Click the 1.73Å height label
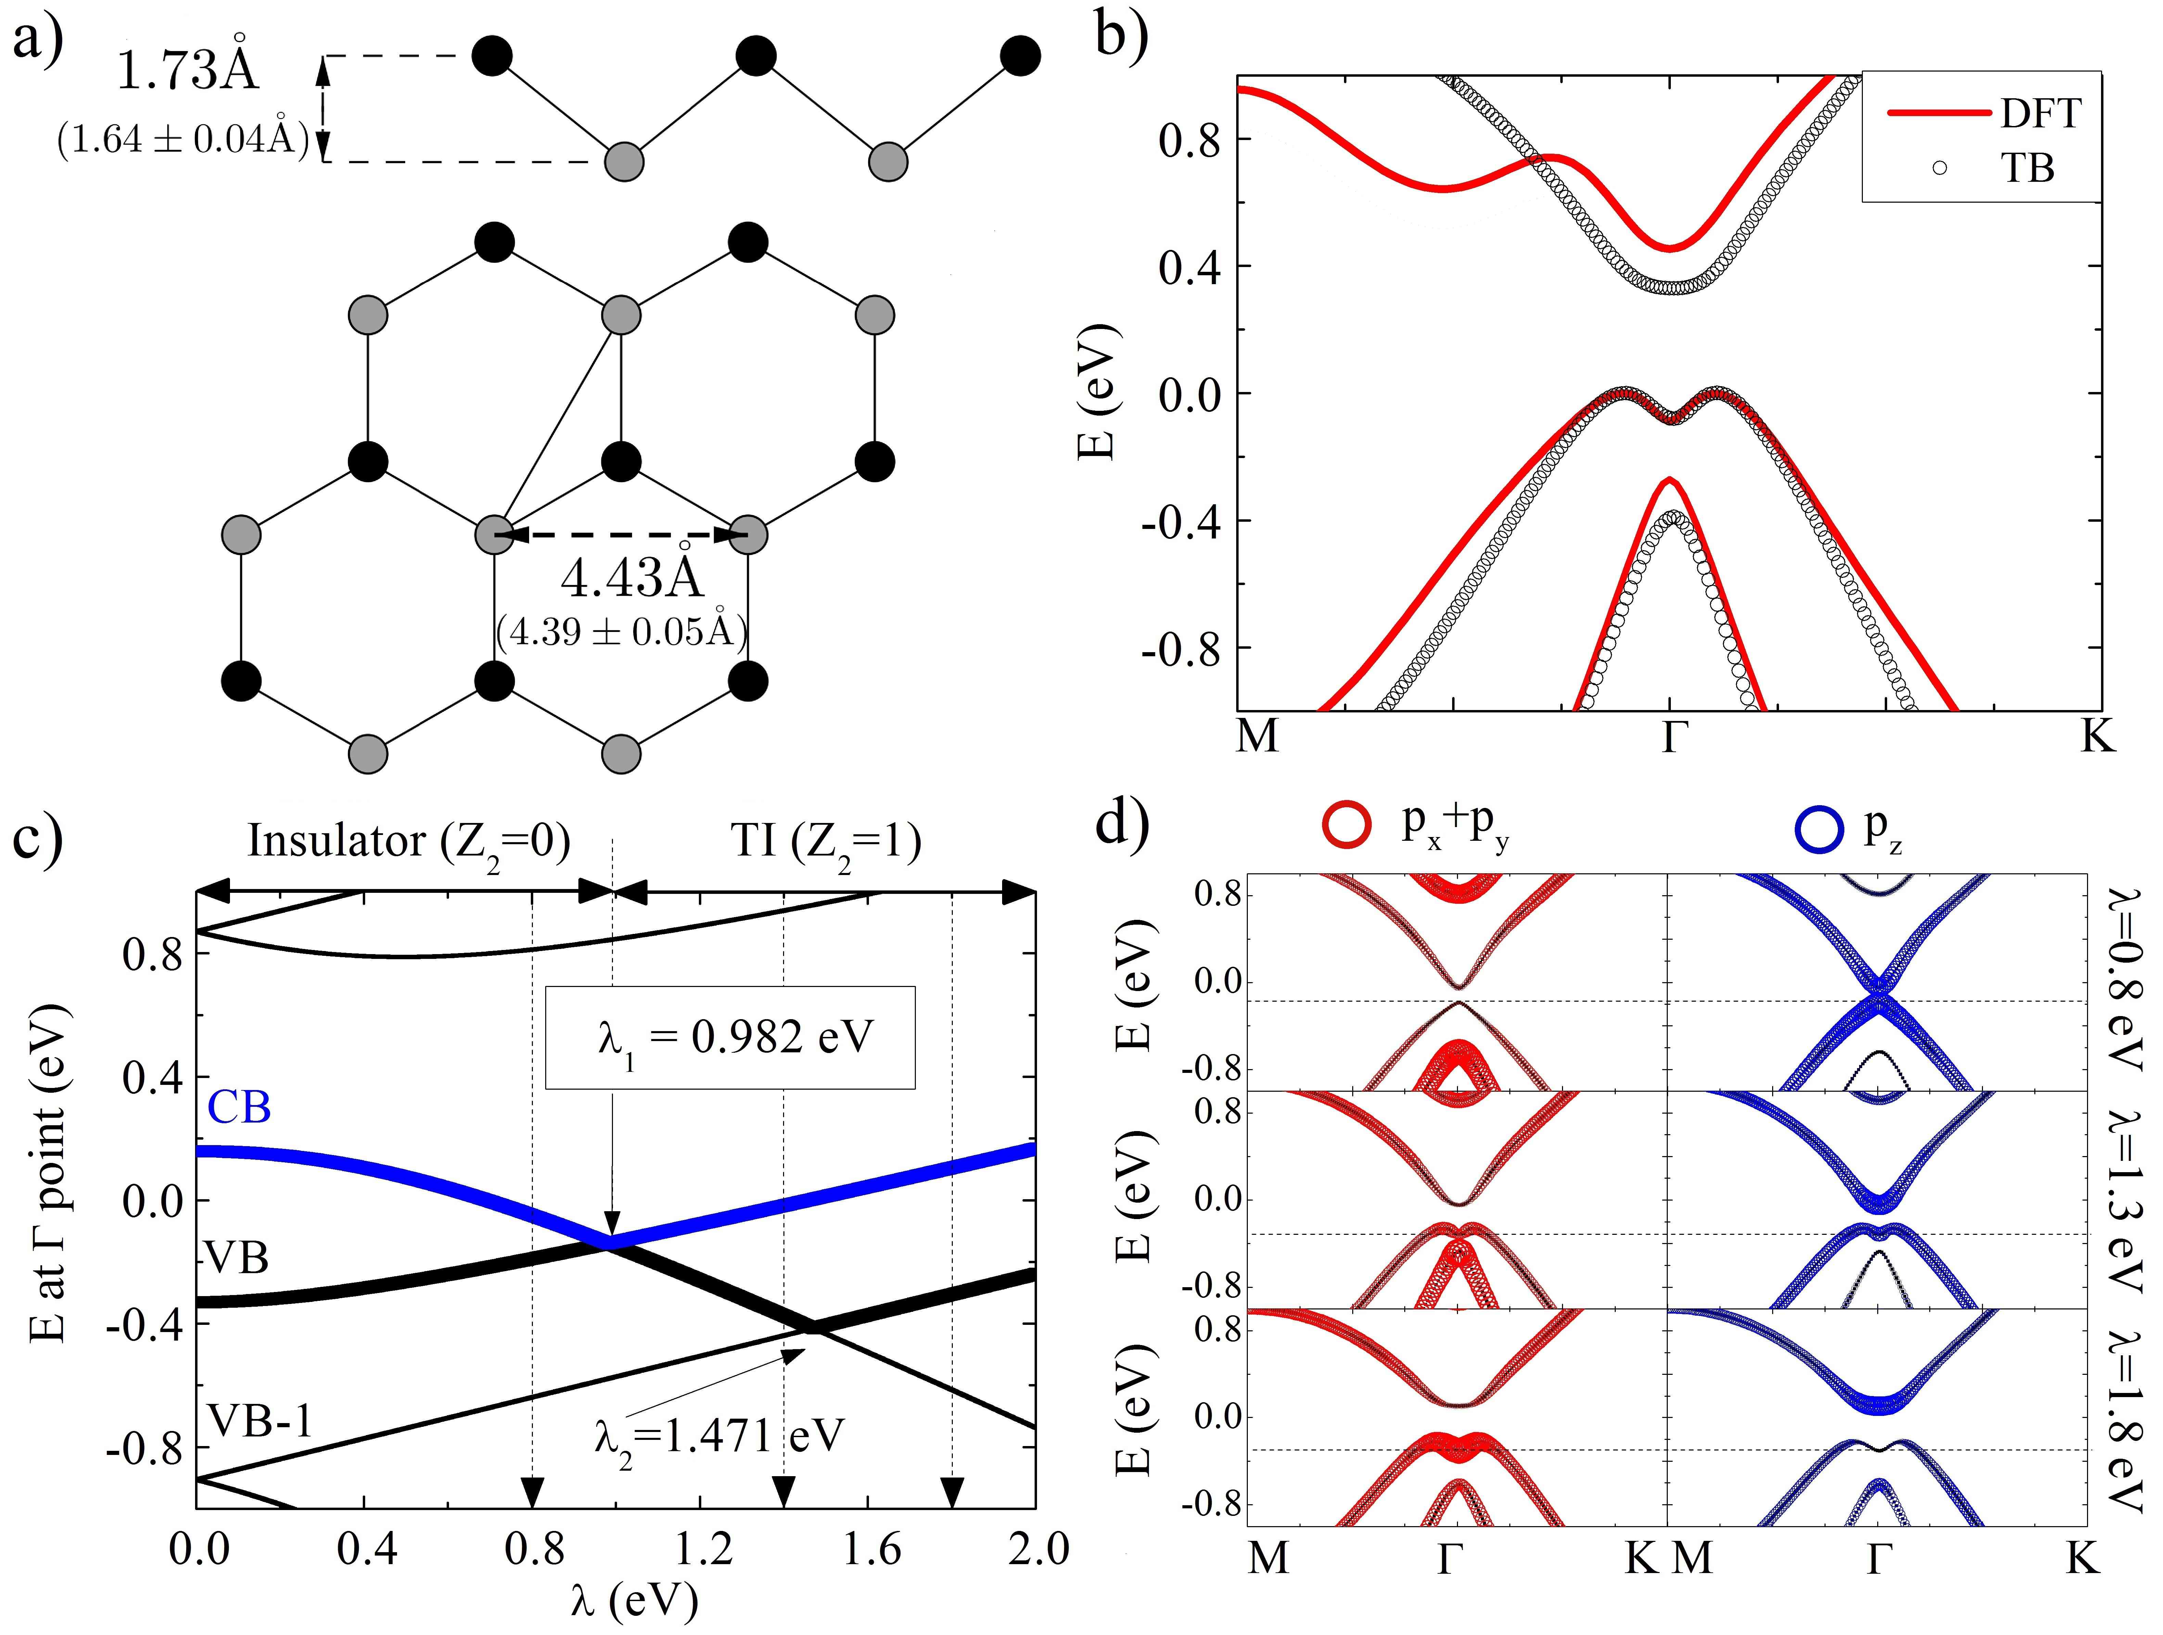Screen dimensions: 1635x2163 tap(188, 71)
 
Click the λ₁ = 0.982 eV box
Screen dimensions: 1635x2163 tap(730, 1038)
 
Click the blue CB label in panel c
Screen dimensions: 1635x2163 tap(240, 1108)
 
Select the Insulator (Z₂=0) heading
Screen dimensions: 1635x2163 tap(409, 841)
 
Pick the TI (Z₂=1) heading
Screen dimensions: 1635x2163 tap(826, 841)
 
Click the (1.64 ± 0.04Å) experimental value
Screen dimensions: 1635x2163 tap(183, 140)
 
